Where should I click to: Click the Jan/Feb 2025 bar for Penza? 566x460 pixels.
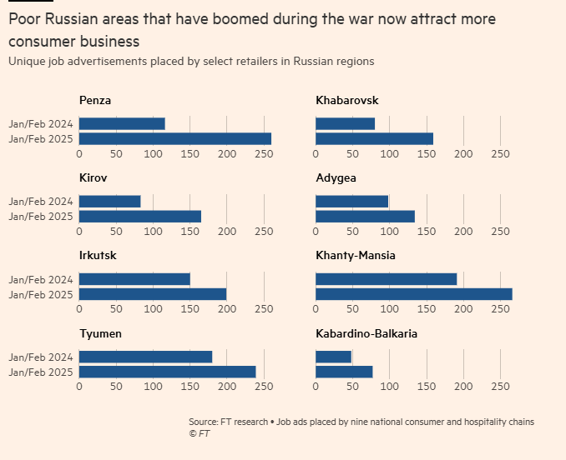coord(175,139)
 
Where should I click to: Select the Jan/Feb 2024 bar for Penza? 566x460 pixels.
coord(122,123)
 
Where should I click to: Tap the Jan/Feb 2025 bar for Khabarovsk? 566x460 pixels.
coord(374,139)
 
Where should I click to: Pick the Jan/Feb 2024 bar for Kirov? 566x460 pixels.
coord(109,201)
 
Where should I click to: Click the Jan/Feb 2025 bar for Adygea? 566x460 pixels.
coord(365,217)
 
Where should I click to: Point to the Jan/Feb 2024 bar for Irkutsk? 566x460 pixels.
coord(134,278)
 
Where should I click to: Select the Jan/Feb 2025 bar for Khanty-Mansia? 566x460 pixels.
coord(413,294)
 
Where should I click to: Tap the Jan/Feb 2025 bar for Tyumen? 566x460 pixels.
coord(167,372)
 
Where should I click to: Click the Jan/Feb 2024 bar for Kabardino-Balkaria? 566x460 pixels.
coord(333,357)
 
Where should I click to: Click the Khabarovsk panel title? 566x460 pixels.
coord(346,101)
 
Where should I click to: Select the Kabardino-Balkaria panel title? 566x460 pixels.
coord(366,333)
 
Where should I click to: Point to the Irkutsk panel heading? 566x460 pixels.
coord(98,256)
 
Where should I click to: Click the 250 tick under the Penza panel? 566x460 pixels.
coord(264,154)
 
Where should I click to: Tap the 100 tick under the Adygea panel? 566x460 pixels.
coord(389,232)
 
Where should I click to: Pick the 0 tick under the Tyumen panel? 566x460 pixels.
coord(79,387)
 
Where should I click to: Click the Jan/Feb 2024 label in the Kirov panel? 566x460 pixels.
coord(41,201)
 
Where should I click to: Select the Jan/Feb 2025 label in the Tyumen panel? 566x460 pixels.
coord(41,372)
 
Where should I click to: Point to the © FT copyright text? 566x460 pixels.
coord(199,434)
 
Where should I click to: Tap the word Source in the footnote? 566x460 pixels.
coord(204,422)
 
